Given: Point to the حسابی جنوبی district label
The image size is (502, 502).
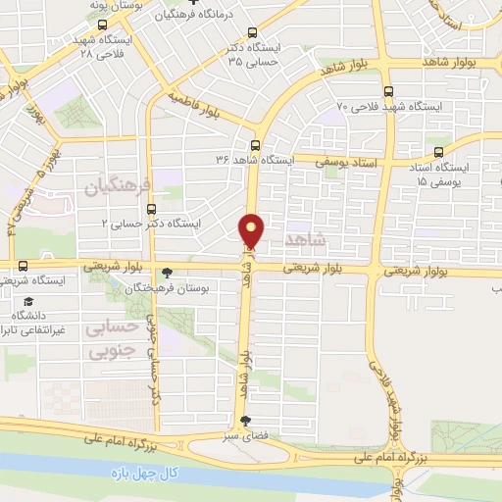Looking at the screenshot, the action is (x=110, y=338).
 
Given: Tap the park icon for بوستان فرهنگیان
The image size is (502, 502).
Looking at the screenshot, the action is (x=168, y=274).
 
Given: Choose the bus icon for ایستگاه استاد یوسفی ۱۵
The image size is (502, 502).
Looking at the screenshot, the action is (x=438, y=151).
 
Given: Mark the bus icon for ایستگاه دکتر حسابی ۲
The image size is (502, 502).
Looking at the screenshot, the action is (x=151, y=209).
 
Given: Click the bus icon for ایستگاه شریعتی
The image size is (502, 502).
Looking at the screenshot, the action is (x=23, y=266).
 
